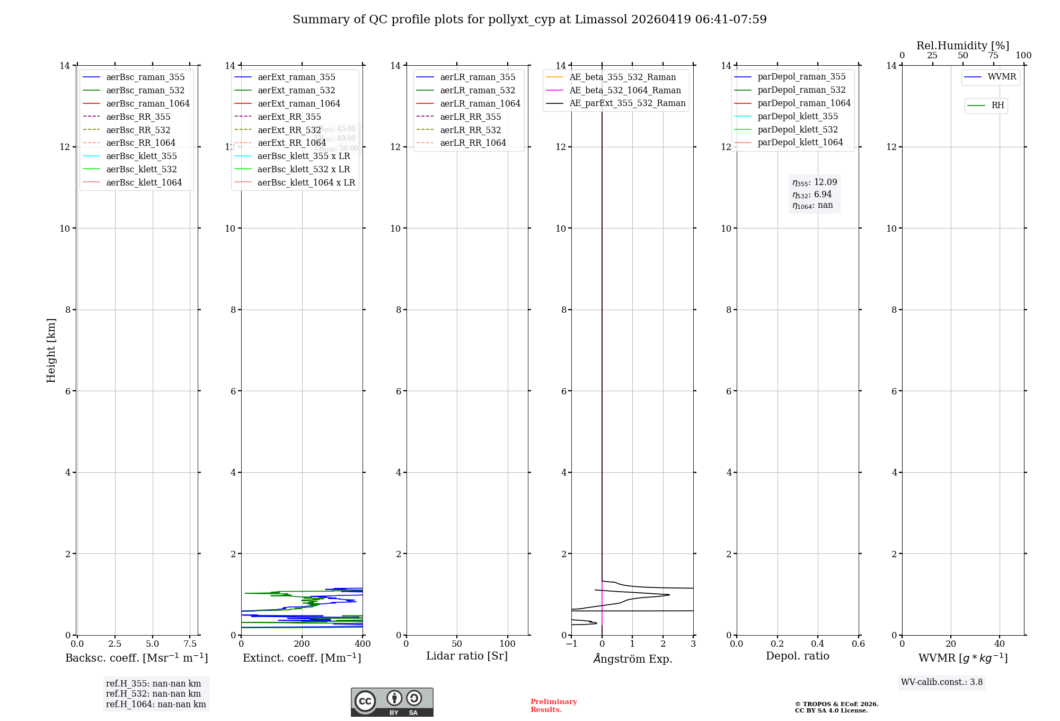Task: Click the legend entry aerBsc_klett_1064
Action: click(144, 182)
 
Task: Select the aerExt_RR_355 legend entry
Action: click(289, 117)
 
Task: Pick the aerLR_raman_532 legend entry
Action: click(477, 90)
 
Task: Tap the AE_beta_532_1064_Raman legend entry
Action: click(625, 90)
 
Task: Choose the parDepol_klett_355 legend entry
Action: click(798, 116)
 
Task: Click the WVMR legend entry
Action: click(1002, 77)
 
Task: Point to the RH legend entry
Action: click(997, 105)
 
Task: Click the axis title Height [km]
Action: click(51, 350)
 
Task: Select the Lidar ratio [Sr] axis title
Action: click(467, 656)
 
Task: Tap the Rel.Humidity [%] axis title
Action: click(962, 46)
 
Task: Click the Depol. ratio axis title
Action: click(797, 656)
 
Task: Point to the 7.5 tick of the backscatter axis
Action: click(190, 644)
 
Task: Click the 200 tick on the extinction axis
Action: click(302, 644)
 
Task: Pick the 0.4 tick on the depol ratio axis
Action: click(818, 644)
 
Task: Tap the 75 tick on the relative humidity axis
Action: click(993, 56)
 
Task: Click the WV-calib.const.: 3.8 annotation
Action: click(942, 682)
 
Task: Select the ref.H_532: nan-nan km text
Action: click(153, 693)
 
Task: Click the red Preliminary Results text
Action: click(553, 706)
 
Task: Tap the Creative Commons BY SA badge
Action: click(392, 702)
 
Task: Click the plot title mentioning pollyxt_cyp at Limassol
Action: click(529, 20)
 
